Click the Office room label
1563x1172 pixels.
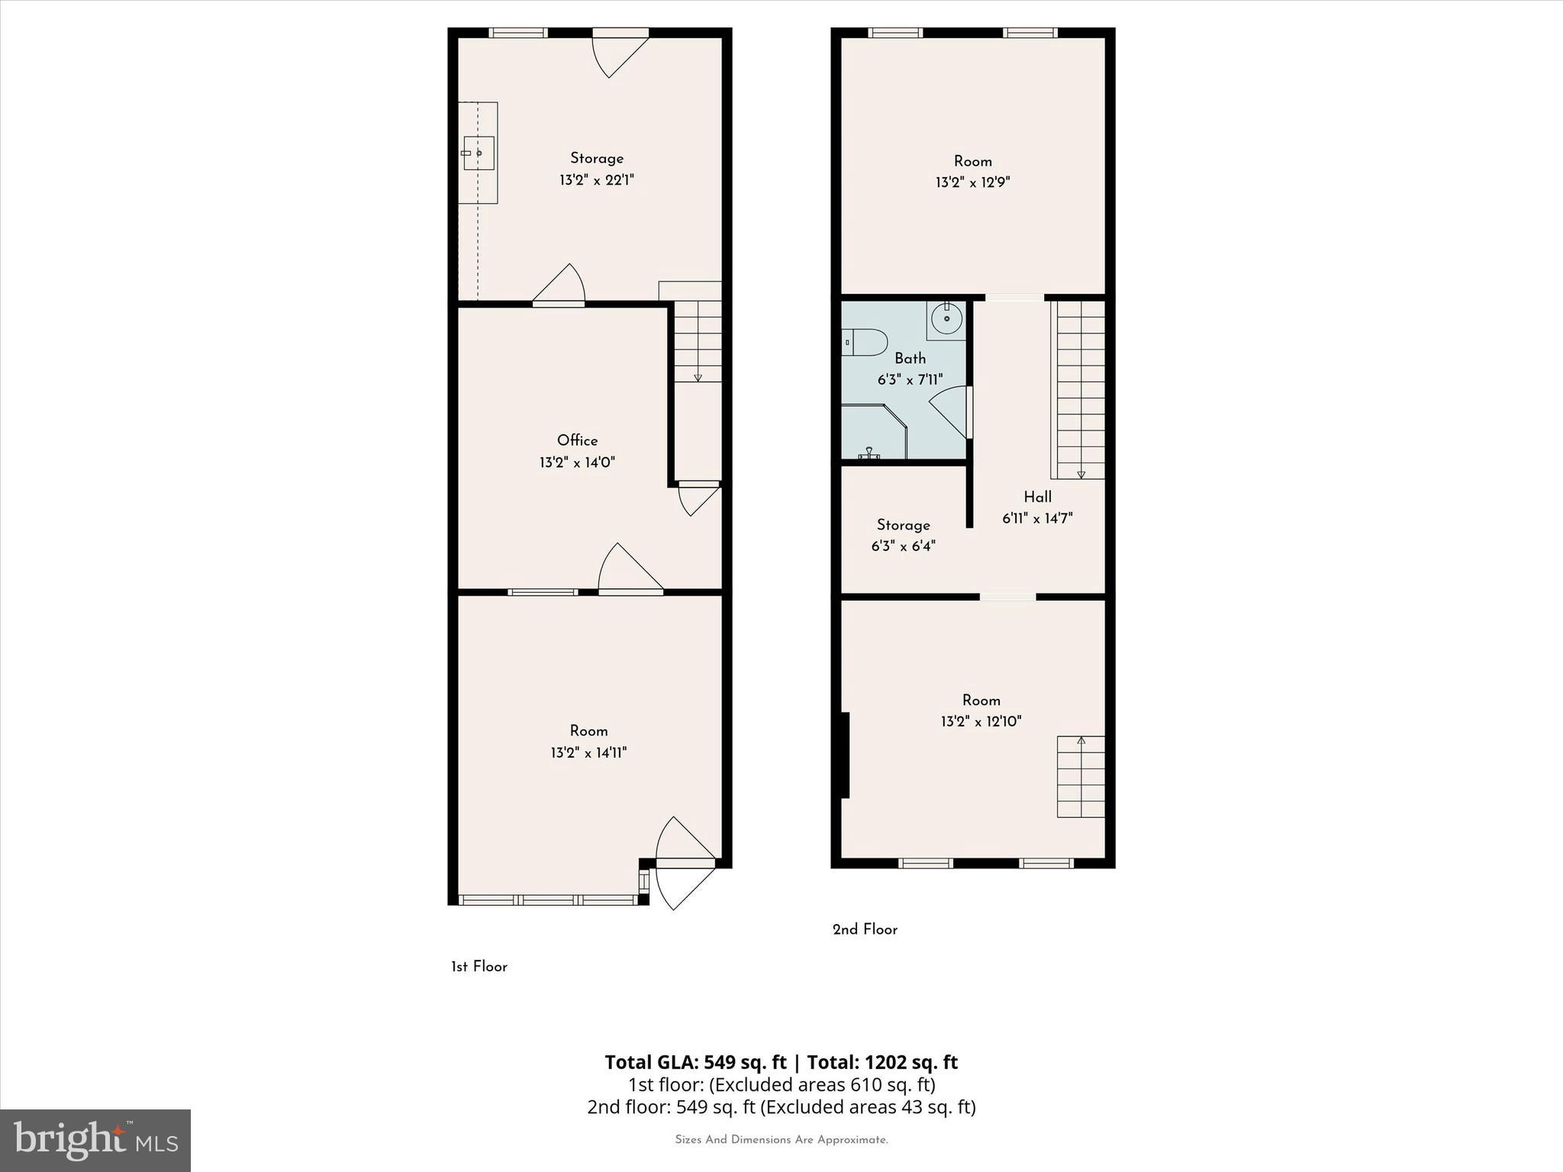click(577, 440)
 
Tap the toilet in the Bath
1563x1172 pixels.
click(865, 343)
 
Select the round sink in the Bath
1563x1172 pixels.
click(946, 318)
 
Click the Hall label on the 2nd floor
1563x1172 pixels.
click(1037, 497)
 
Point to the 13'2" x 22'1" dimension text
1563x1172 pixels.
click(597, 180)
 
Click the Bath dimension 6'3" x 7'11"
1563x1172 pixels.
click(910, 379)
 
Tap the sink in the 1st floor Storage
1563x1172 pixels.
click(479, 153)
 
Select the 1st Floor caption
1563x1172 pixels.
click(479, 967)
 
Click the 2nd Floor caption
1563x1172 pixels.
click(865, 929)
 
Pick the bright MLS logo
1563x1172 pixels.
click(95, 1141)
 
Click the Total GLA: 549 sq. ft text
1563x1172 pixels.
click(695, 1062)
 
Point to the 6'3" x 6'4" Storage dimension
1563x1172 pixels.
click(903, 546)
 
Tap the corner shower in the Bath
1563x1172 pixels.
click(872, 433)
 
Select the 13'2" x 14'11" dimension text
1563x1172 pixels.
click(588, 752)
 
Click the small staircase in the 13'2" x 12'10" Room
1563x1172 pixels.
click(1081, 777)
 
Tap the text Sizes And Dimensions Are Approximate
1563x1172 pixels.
click(781, 1140)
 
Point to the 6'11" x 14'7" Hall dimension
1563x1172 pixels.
click(1037, 519)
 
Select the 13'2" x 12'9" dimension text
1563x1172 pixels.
click(972, 182)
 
